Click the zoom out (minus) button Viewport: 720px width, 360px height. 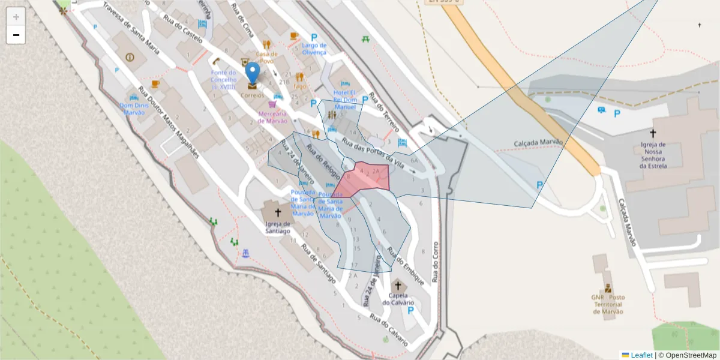pos(16,35)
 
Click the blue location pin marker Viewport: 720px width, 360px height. pos(253,73)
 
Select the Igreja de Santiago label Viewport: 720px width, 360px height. pos(278,227)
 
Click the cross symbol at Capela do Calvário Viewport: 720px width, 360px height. pos(397,286)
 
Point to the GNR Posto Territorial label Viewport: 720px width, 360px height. pos(608,304)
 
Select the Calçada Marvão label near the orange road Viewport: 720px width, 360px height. pos(539,143)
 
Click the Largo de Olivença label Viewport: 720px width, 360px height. pos(314,49)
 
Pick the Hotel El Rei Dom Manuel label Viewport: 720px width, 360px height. pos(345,99)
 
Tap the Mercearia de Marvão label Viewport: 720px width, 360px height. pos(272,117)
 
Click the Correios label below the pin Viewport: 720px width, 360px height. pos(253,95)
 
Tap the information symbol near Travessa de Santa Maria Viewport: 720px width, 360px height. pos(130,57)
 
